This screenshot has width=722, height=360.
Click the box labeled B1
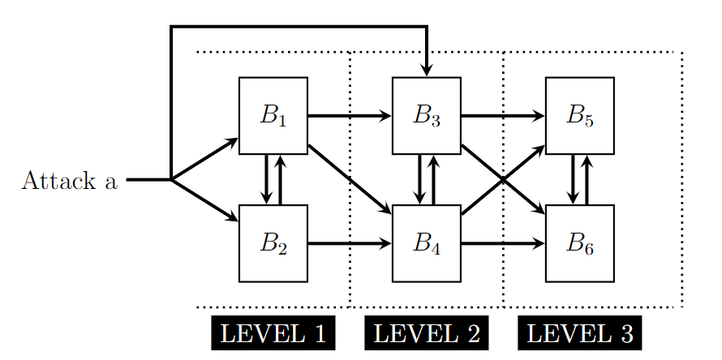[273, 115]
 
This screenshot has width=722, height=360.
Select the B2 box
[273, 243]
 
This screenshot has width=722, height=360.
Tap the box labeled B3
[426, 115]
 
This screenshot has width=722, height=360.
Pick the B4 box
[426, 243]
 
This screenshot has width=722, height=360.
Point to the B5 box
[579, 115]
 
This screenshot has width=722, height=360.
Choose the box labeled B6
[579, 243]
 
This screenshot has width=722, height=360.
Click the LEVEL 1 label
[273, 333]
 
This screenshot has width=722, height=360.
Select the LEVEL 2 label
[426, 333]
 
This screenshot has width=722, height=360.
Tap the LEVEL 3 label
[579, 333]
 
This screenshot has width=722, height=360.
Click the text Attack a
[69, 180]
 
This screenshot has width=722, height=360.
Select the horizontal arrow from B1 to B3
[349, 115]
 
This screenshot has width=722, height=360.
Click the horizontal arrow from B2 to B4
[349, 243]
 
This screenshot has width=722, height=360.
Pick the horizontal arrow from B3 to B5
[502, 115]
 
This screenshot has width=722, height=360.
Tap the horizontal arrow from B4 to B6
[502, 243]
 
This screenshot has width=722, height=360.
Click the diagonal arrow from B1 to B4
[349, 178]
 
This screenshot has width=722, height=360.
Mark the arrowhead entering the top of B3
[427, 71]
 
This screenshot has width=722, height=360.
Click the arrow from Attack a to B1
[204, 159]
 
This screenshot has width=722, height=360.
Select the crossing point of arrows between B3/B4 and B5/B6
[503, 179]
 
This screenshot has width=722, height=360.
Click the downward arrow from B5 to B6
[573, 179]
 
